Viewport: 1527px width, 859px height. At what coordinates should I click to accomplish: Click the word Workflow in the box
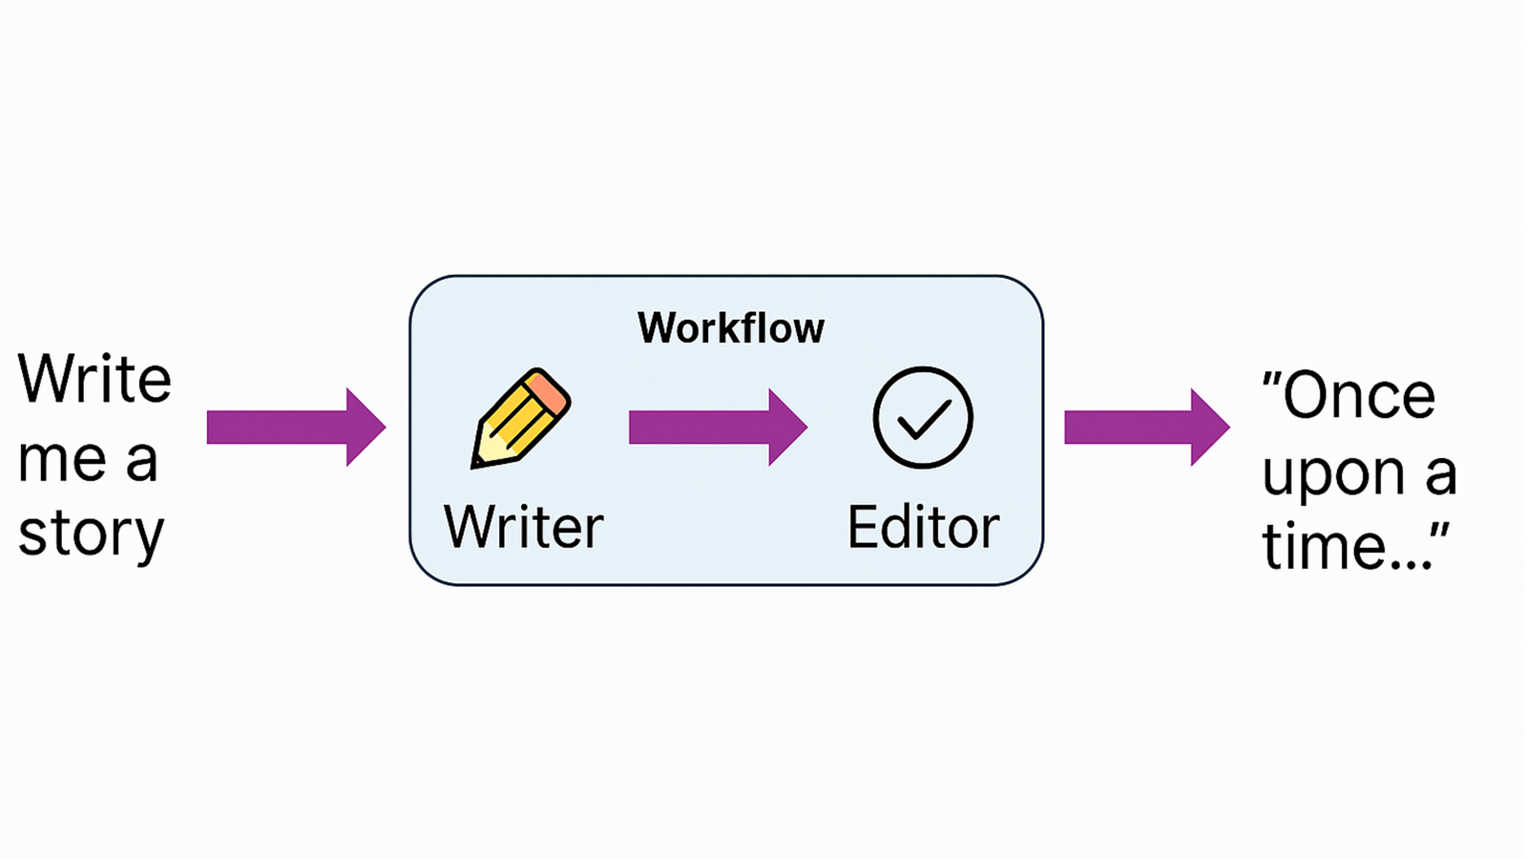pos(730,328)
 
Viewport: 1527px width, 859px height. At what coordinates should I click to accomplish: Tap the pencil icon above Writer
pos(520,418)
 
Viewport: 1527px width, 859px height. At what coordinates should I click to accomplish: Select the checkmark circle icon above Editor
pos(923,418)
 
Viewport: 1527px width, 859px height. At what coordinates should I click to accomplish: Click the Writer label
pos(523,527)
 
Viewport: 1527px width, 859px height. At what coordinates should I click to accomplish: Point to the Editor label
pos(923,527)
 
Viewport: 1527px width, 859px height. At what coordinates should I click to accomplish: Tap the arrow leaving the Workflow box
pos(1146,428)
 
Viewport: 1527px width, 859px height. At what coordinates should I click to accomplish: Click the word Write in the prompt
pos(94,380)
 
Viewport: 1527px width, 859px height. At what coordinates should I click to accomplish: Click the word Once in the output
pos(1359,396)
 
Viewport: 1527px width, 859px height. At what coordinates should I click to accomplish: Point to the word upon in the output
pos(1333,475)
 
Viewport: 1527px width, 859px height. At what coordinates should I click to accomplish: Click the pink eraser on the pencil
pos(547,390)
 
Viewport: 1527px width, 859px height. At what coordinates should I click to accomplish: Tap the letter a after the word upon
pos(1440,475)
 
